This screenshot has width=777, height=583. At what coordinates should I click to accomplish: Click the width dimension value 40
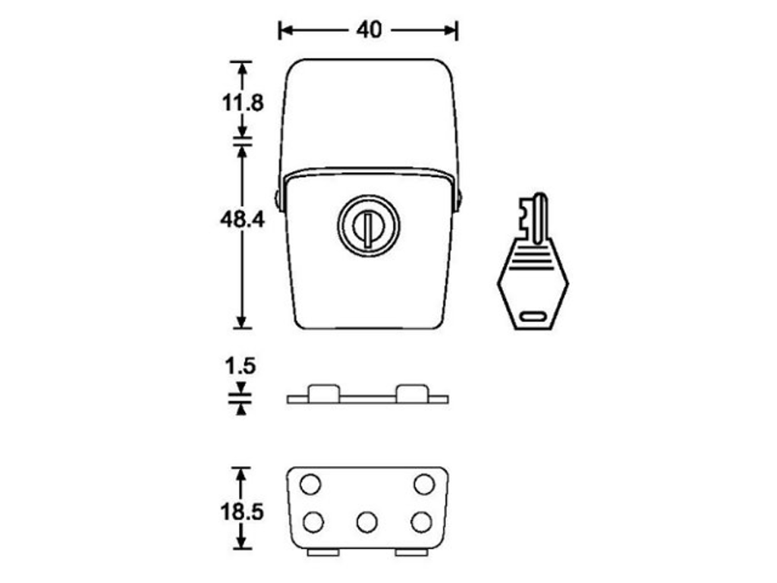[x=370, y=30]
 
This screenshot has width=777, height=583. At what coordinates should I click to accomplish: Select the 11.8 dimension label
[x=242, y=103]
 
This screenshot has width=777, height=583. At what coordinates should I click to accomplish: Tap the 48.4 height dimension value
[x=242, y=219]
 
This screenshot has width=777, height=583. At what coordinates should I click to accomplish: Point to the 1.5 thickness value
[x=241, y=367]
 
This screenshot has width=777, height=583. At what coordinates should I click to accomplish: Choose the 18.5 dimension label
[x=242, y=512]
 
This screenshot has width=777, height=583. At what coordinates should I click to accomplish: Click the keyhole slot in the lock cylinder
[x=368, y=228]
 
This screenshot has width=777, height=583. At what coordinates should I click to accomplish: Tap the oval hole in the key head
[x=533, y=317]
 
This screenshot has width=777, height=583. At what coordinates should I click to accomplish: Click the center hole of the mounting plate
[x=366, y=522]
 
